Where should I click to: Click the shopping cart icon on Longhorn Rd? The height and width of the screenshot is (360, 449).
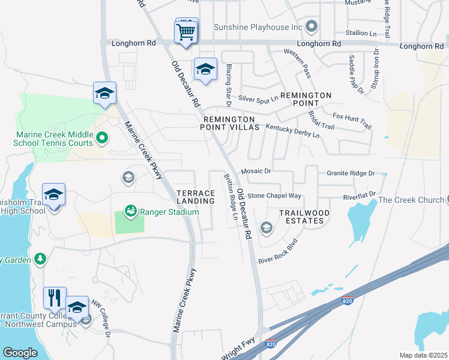click(x=187, y=31)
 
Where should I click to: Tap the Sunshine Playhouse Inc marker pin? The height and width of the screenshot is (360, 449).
click(x=311, y=26)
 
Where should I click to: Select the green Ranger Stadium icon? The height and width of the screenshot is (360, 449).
click(x=130, y=211)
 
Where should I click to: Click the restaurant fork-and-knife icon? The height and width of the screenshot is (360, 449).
click(x=55, y=297)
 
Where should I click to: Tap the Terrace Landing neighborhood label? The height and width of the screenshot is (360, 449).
click(x=196, y=197)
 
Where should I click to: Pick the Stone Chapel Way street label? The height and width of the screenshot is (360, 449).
click(x=274, y=196)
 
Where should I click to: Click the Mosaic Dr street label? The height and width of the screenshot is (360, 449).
click(x=256, y=172)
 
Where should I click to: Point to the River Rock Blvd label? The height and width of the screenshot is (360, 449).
click(x=277, y=253)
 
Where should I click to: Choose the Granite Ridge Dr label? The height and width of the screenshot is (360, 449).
click(x=351, y=173)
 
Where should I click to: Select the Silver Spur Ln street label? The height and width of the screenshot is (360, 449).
click(x=259, y=98)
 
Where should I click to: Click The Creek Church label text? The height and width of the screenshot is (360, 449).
click(x=411, y=200)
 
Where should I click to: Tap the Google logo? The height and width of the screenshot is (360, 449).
click(x=20, y=353)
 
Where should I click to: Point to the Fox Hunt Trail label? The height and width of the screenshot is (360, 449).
click(x=352, y=120)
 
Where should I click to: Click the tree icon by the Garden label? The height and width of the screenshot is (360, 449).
click(x=40, y=259)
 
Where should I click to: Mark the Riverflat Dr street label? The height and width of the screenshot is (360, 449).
click(x=359, y=194)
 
